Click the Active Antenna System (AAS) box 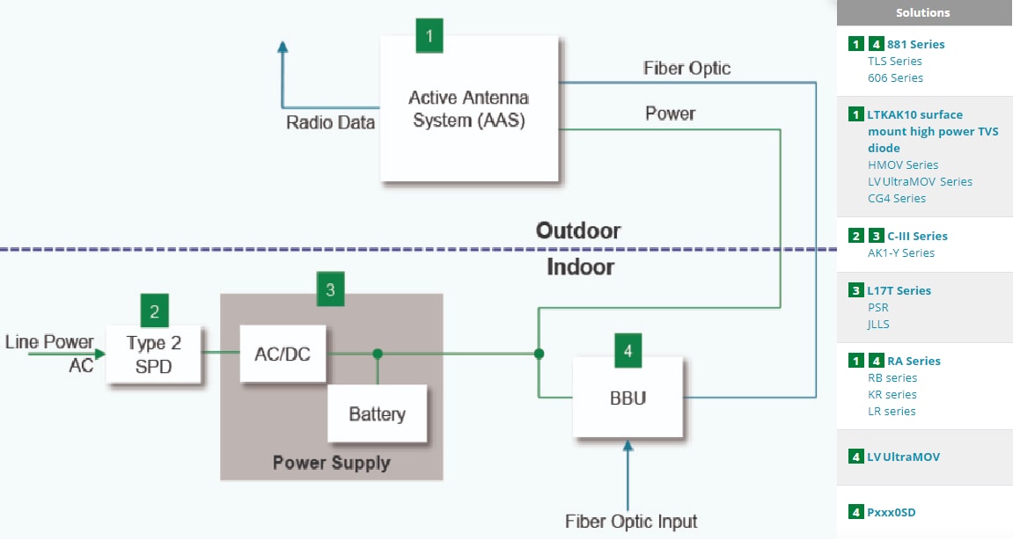click(470, 109)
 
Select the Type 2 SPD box click(154, 355)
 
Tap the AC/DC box click(282, 354)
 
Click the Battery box click(377, 413)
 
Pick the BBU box click(628, 398)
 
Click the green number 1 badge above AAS click(429, 36)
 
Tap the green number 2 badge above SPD click(154, 311)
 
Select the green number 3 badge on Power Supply click(330, 289)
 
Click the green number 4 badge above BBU click(628, 351)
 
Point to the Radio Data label click(330, 122)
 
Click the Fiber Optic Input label click(631, 521)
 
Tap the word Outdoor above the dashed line click(578, 230)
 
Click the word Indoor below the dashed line click(580, 267)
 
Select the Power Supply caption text click(331, 463)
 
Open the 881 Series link click(915, 44)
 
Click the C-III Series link click(917, 236)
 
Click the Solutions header click(922, 12)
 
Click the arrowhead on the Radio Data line click(282, 48)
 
